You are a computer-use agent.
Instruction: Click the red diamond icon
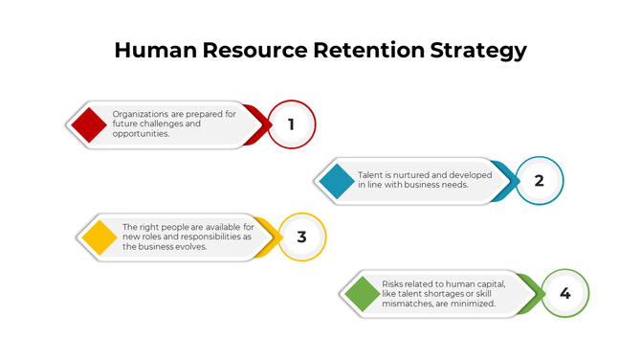88,124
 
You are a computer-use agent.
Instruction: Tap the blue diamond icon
336,181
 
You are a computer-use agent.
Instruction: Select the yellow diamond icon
99,236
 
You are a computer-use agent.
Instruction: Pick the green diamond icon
362,293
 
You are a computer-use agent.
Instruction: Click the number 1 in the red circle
292,124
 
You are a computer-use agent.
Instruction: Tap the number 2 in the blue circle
539,181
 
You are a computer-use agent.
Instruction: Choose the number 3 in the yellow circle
301,236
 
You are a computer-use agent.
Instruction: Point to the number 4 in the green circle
564,293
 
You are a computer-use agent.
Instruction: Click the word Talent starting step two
370,175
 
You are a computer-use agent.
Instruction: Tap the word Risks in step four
393,283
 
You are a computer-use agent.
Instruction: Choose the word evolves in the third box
190,246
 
